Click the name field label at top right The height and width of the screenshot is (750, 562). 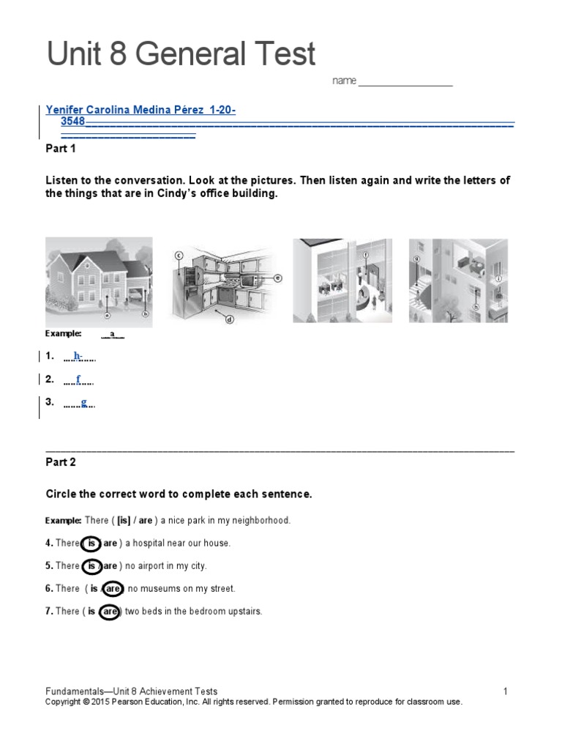tap(344, 81)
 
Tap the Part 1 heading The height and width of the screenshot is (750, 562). tap(61, 149)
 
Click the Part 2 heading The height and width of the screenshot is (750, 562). tap(61, 462)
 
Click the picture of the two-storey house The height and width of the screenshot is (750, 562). tap(99, 280)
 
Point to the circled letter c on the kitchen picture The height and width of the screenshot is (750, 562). tap(178, 256)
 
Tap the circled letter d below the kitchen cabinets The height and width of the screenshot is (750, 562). tap(229, 319)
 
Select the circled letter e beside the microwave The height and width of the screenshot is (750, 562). tap(278, 278)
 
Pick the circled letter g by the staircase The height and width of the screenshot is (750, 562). tap(416, 258)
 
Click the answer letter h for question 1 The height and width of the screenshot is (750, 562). tap(78, 356)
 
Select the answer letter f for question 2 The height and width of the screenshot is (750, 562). tap(78, 379)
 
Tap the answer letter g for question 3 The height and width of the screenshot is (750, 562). tap(84, 402)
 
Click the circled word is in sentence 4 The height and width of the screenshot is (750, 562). tap(90, 543)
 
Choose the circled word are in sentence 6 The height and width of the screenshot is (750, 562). tap(112, 588)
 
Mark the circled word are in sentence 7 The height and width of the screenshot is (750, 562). tap(109, 611)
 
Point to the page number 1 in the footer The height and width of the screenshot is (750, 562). tap(505, 691)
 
